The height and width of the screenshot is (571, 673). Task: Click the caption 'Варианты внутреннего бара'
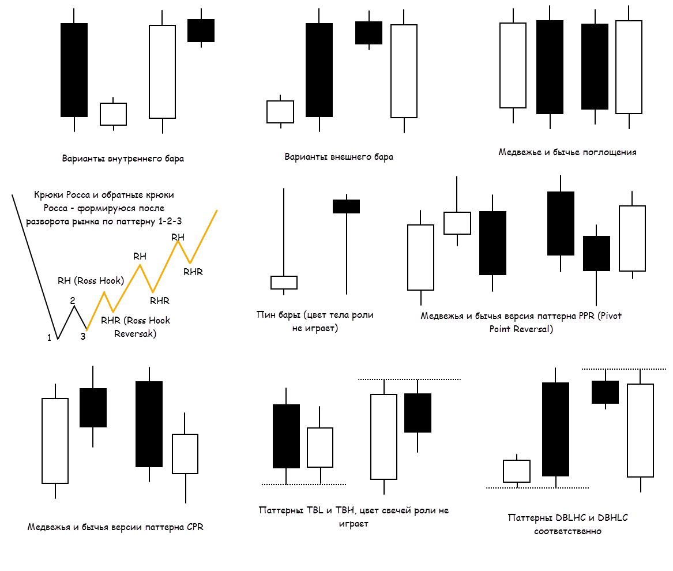pos(123,158)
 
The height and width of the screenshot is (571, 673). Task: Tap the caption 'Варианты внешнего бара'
pos(339,156)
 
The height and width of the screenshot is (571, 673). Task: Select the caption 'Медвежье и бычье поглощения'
pos(567,152)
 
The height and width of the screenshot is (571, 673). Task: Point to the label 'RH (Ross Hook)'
pos(91,281)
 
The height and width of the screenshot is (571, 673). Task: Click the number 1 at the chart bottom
pos(50,338)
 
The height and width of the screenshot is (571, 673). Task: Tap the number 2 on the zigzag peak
pos(73,300)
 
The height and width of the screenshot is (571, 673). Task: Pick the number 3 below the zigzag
pos(83,336)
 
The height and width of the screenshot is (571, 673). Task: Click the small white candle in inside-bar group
pos(113,114)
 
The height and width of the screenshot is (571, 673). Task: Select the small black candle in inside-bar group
pos(201,31)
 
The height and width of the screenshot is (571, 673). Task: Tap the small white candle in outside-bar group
pos(280,111)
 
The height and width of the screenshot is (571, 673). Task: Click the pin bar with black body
pos(346,206)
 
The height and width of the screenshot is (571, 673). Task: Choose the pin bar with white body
pos(284,282)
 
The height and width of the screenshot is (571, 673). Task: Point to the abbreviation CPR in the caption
pos(195,527)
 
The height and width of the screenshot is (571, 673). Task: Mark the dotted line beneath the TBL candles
pos(303,484)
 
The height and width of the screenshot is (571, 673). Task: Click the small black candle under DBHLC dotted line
pos(605,392)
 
